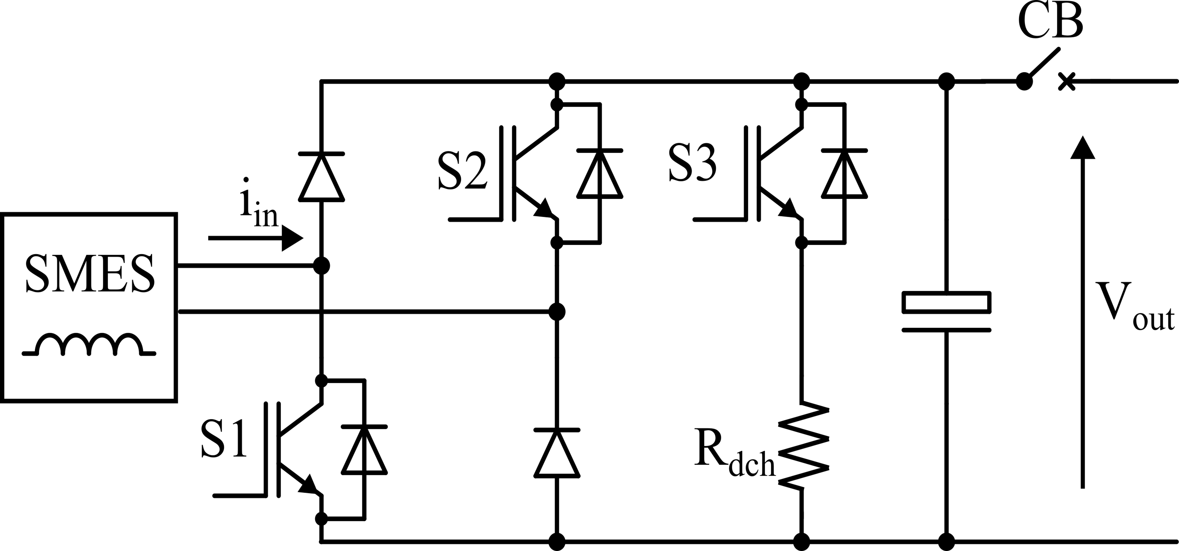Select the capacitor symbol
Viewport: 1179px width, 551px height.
point(946,312)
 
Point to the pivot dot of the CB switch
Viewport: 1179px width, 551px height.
point(1024,82)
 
